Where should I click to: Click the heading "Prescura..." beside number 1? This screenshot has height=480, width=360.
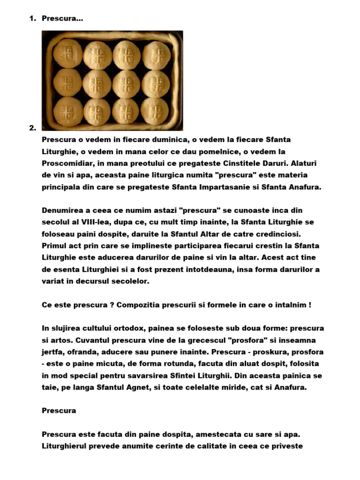pos(63,19)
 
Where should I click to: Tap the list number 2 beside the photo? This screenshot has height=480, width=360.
pos(32,127)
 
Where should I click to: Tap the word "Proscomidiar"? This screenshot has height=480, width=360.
pos(70,164)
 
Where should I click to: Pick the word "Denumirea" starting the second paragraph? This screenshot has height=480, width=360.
pos(64,210)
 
